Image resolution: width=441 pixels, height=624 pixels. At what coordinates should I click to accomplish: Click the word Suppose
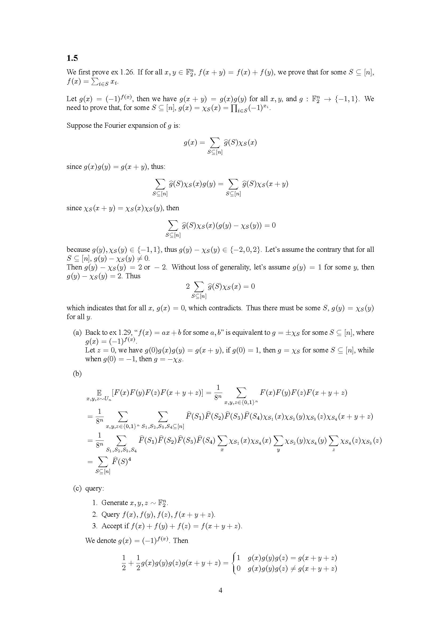[79, 126]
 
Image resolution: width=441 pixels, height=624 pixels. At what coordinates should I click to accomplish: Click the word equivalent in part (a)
[252, 333]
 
